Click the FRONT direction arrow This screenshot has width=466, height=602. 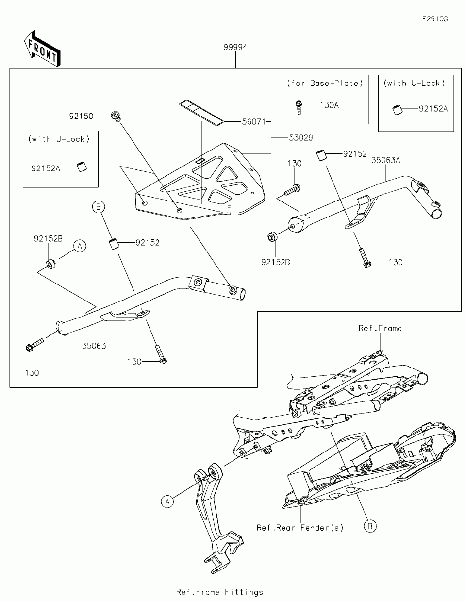click(42, 49)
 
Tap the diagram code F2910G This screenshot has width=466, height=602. click(435, 19)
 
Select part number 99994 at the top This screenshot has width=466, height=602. click(235, 48)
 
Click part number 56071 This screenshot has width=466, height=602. click(254, 122)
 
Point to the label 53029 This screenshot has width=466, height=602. click(301, 138)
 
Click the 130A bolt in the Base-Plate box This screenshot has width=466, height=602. click(299, 108)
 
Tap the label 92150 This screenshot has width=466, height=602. click(81, 116)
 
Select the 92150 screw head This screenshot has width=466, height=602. click(116, 116)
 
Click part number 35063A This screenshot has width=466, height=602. click(386, 160)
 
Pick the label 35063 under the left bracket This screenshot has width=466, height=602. click(94, 346)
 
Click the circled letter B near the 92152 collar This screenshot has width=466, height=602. click(98, 207)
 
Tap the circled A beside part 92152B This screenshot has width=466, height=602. click(80, 246)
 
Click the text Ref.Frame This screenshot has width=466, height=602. click(380, 328)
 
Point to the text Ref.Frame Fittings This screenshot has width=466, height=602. click(219, 592)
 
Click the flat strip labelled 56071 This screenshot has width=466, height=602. click(202, 113)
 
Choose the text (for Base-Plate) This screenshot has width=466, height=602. click(325, 83)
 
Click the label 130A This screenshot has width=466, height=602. click(329, 105)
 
